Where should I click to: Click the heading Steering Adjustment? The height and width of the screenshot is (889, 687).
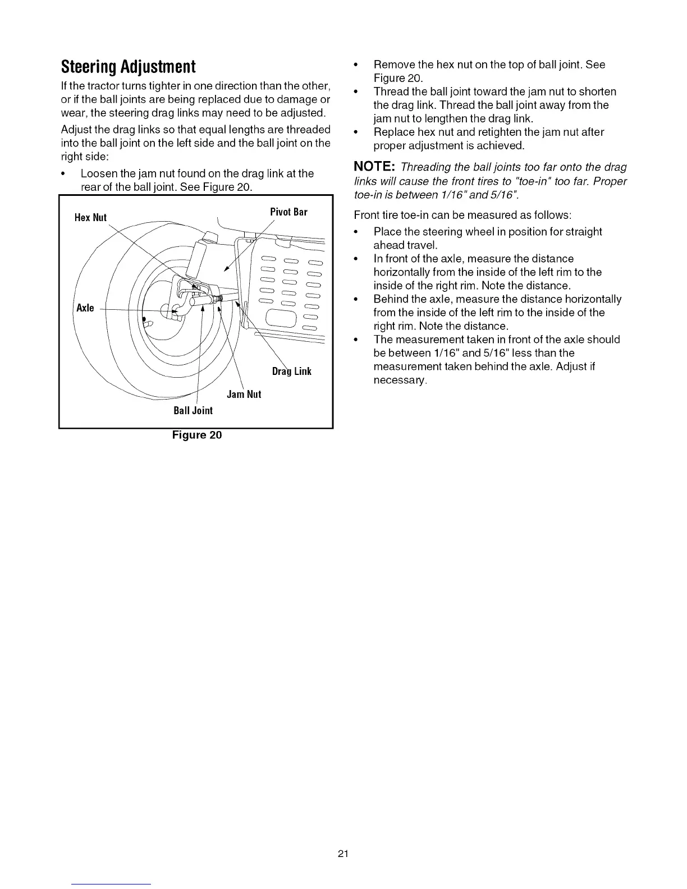pos(129,67)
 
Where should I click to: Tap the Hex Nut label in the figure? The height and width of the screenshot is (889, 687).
pos(90,218)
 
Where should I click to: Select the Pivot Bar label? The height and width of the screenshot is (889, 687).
pos(288,212)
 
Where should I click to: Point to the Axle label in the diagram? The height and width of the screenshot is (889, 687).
pos(85,308)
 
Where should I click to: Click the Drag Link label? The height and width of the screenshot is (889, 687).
pos(291,372)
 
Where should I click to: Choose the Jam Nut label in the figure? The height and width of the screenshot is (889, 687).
pos(244,395)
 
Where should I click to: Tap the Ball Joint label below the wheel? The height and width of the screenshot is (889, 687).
pos(193,411)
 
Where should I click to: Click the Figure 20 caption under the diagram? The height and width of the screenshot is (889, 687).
pos(196,435)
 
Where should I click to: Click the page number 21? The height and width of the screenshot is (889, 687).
pos(343,854)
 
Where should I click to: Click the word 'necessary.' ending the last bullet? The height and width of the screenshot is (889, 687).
pos(400,381)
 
